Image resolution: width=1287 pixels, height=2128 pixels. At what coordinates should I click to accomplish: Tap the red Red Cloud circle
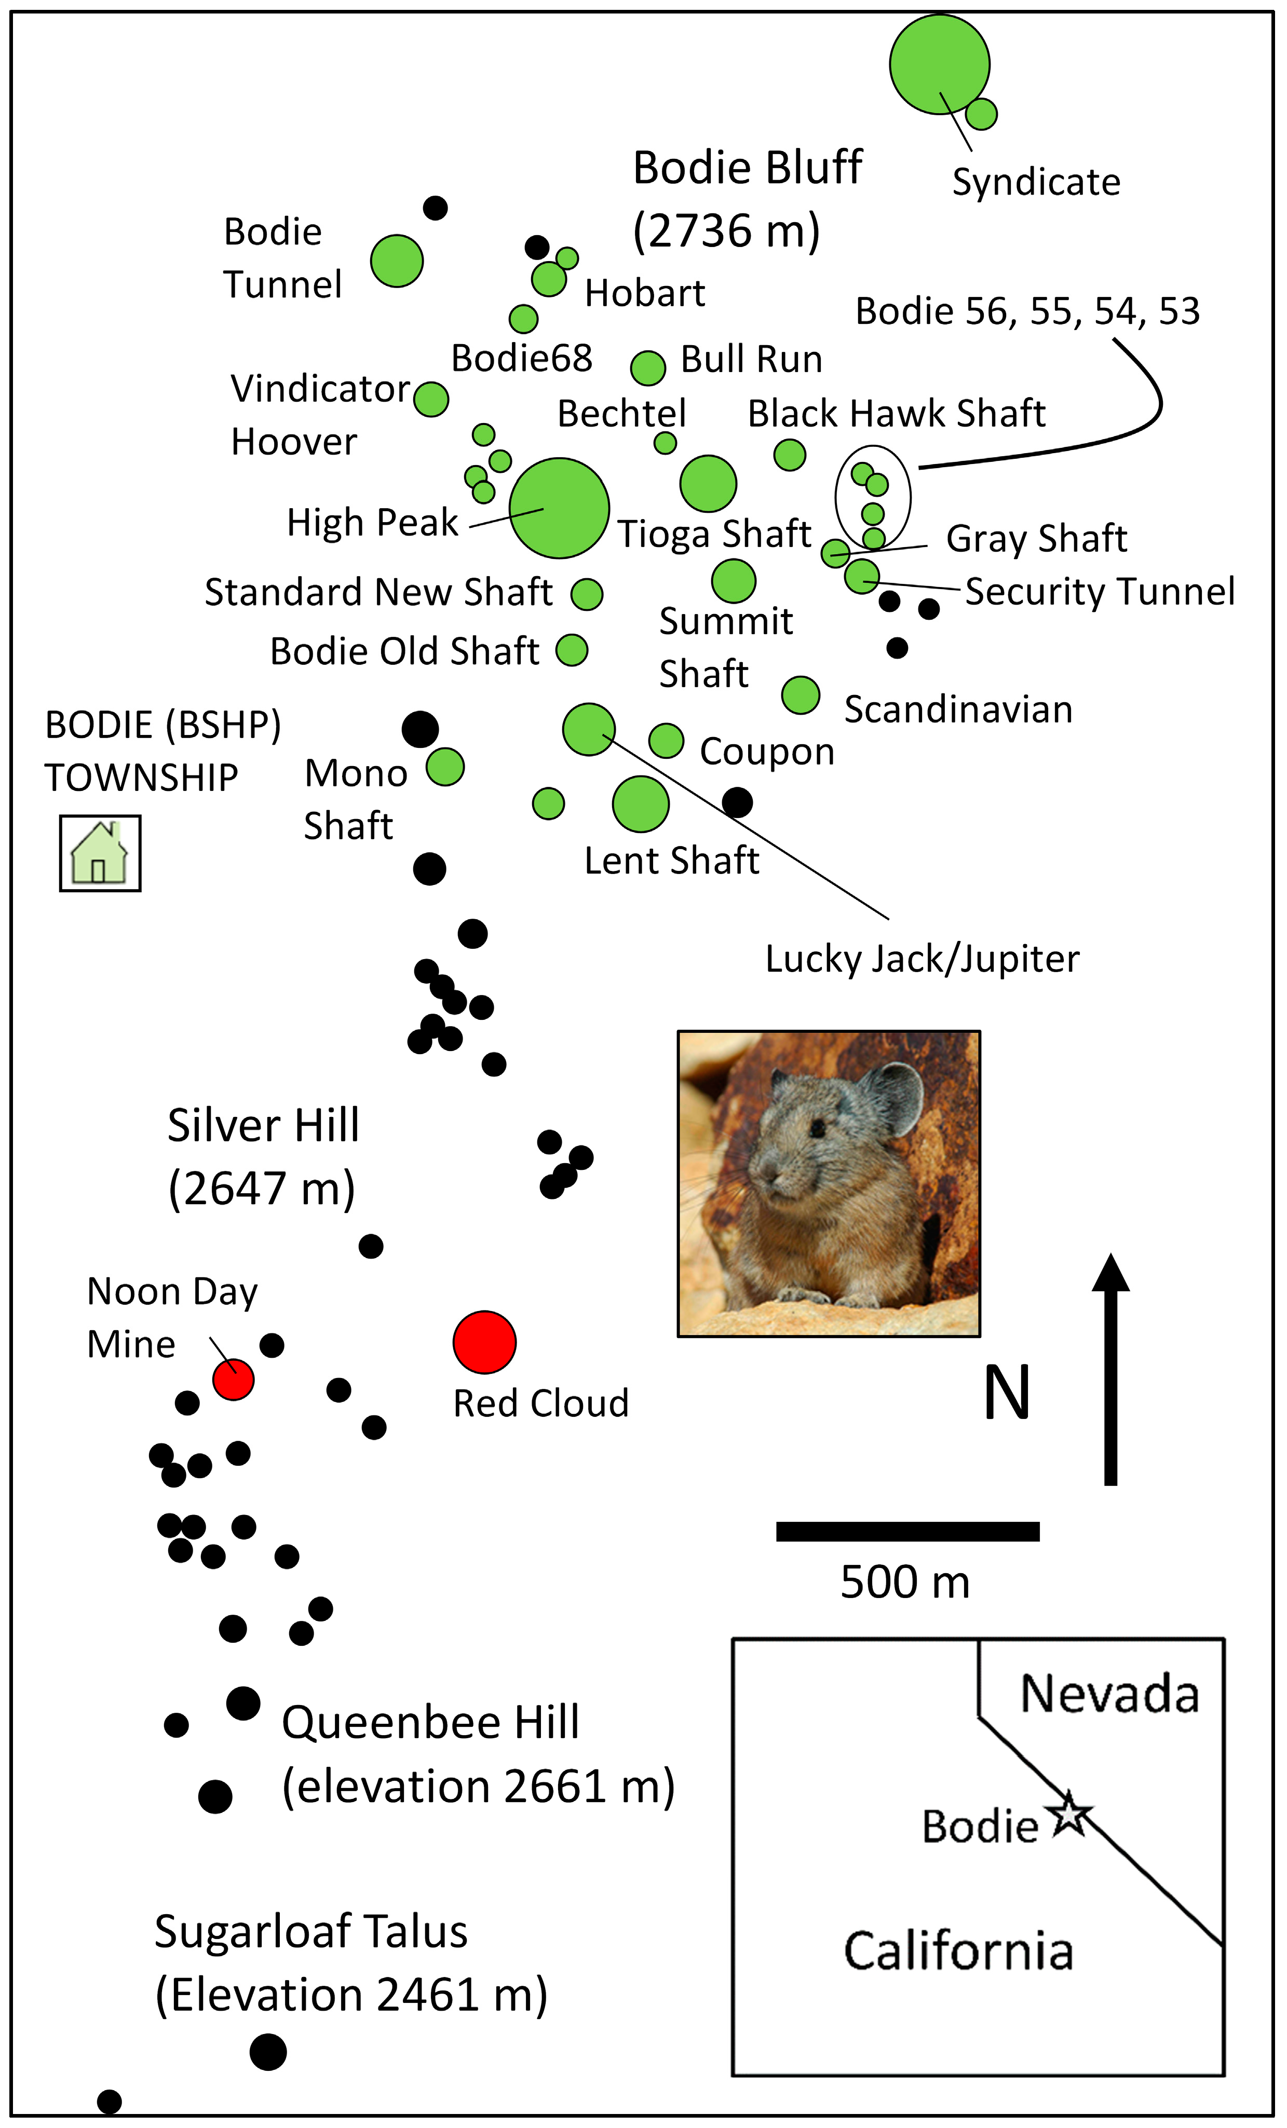pos(484,1342)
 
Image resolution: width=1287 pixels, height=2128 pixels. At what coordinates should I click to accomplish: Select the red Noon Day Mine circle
pos(233,1379)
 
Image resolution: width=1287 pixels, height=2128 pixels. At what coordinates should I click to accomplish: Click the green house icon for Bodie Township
pos(99,853)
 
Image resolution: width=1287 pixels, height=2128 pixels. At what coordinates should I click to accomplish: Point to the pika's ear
pos(890,1099)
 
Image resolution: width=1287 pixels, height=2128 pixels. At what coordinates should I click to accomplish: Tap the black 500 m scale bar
pos(907,1531)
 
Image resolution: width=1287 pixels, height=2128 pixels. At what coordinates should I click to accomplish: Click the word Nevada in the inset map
pos(1110,1695)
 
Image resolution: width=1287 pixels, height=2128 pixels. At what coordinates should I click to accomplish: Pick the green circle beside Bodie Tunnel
pos(397,261)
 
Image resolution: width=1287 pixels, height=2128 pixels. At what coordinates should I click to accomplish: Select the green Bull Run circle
pos(648,368)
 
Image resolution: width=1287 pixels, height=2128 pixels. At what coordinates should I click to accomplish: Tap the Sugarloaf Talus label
pos(311,1931)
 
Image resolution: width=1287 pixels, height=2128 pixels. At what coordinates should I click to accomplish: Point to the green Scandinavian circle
pos(801,694)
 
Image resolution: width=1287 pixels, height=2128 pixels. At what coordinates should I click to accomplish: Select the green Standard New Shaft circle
pos(587,594)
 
